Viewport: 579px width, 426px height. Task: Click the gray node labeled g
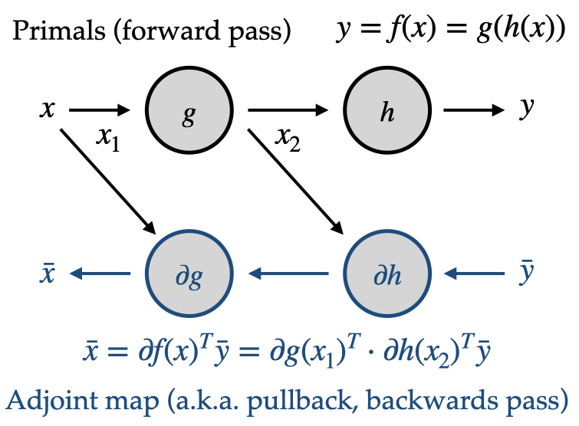click(188, 112)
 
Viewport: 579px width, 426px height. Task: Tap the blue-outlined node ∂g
click(188, 274)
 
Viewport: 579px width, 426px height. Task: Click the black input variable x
click(48, 110)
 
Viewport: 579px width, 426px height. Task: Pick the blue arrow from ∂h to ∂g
click(288, 273)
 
